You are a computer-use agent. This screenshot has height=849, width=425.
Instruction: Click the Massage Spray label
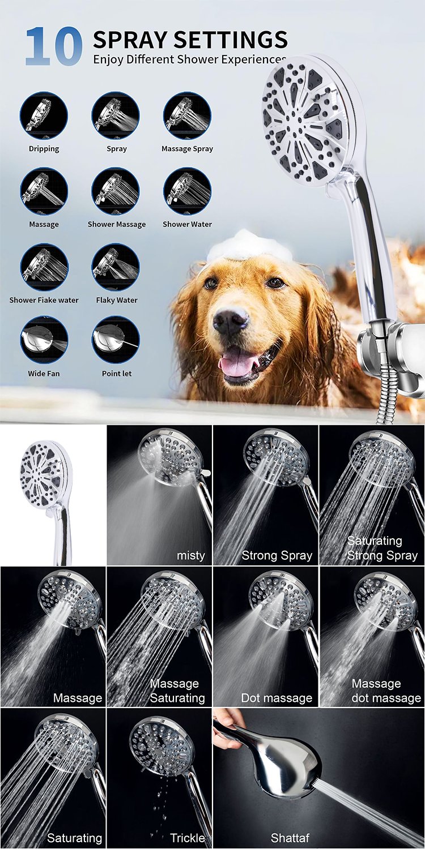(187, 148)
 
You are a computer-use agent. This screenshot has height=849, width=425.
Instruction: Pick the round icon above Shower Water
(187, 191)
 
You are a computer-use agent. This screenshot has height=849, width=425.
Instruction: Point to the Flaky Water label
(117, 300)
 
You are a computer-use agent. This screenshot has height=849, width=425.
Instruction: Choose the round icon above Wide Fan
(44, 340)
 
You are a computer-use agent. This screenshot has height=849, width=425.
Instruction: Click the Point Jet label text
(117, 374)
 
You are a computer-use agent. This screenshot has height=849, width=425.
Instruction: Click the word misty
(190, 556)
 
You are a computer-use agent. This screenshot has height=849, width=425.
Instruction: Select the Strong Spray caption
(277, 556)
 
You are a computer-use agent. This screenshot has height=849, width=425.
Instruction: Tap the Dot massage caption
(277, 698)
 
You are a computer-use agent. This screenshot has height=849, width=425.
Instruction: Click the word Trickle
(188, 838)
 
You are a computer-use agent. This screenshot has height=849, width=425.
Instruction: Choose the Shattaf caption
(290, 838)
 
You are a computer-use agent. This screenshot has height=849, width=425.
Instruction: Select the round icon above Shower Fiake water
(44, 267)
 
